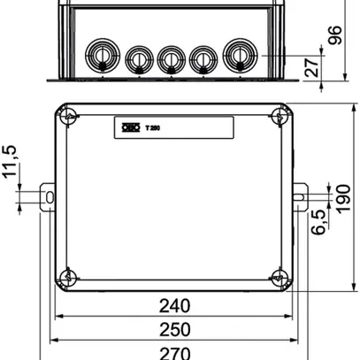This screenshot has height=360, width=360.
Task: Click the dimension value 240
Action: (174, 307)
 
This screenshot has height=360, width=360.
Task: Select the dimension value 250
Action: (174, 329)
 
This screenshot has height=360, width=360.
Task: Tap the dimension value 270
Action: (174, 351)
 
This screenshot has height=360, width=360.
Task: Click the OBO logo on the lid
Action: (128, 127)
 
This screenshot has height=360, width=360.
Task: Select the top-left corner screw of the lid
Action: (66, 116)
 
